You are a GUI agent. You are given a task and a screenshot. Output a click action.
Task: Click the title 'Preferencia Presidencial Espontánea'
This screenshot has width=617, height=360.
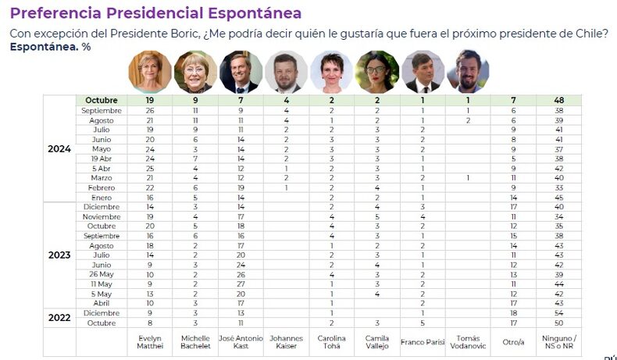coord(155,13)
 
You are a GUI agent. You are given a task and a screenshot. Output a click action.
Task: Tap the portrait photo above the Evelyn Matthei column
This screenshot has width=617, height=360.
coord(149,72)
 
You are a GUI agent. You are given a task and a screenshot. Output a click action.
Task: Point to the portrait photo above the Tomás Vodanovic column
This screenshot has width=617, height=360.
coord(467,72)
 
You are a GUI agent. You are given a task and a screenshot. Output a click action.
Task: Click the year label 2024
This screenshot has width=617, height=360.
coord(59,149)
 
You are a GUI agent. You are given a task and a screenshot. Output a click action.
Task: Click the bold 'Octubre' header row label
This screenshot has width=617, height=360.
coord(101,101)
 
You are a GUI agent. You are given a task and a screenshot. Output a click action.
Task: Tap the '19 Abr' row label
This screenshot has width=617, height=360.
coord(101,158)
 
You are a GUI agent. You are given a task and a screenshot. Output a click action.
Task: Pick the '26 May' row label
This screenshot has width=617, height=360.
coord(101,275)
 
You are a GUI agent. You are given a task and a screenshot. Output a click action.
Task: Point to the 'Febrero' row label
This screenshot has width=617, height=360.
coord(101,187)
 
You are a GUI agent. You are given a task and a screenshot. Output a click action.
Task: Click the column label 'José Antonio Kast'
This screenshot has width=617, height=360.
coord(240,342)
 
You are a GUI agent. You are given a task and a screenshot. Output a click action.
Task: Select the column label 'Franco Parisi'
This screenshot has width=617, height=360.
coord(422,342)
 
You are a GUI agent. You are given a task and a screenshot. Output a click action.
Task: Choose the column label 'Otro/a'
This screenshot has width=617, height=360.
coord(512,342)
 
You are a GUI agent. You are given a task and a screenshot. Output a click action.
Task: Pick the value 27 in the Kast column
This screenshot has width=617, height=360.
coord(240,284)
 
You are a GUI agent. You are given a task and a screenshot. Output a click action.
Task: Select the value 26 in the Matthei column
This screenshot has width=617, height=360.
coord(149,111)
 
